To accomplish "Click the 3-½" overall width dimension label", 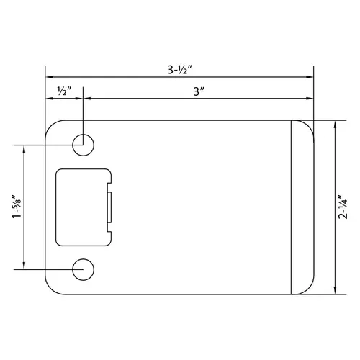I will pos(179,70).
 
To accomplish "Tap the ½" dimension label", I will pos(64,92).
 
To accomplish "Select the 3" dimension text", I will pos(199,92).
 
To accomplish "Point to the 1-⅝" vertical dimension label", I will pos(16,207).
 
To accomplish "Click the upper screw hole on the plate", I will pos(84,143).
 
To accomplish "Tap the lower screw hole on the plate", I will pos(84,269).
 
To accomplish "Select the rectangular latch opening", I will pos(83,206).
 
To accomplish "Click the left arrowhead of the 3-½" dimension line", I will pos(48,76).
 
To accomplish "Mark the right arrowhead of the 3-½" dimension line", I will pos(311,76).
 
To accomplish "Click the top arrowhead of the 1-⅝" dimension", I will pos(25,147).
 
